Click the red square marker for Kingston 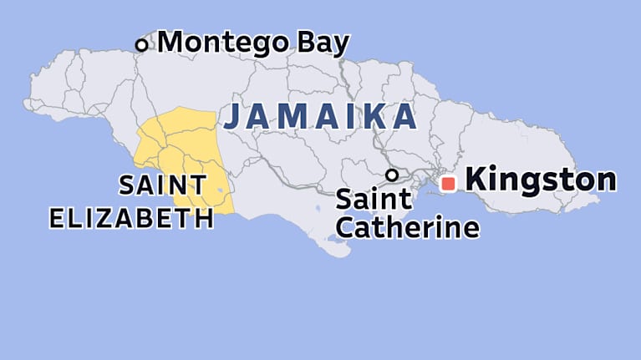[x=448, y=183]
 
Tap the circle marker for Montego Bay [x=141, y=45]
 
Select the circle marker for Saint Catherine [x=390, y=175]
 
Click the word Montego [x=224, y=42]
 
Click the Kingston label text [x=540, y=180]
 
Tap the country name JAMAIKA [x=320, y=117]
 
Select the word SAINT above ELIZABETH [x=162, y=185]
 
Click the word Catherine [x=407, y=226]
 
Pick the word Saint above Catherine [x=374, y=200]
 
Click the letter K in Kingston [x=475, y=180]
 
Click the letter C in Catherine [x=345, y=226]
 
